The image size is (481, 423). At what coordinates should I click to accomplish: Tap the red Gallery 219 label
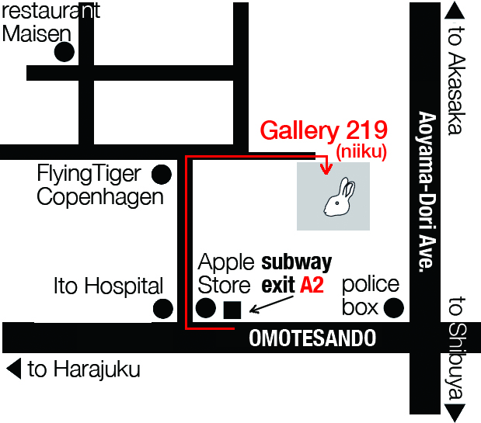tap(323, 130)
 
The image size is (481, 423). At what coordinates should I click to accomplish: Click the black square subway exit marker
tap(232, 310)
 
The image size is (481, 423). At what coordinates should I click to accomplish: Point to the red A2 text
tap(312, 285)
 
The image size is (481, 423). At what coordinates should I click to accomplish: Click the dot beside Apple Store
tap(206, 308)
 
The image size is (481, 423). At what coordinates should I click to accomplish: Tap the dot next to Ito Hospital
tap(162, 308)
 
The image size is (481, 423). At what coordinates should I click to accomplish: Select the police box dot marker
tap(394, 308)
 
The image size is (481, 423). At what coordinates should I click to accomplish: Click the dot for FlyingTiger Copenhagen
tap(162, 172)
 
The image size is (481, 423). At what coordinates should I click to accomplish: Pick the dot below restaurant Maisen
tap(64, 53)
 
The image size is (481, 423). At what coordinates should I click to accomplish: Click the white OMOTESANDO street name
tap(312, 338)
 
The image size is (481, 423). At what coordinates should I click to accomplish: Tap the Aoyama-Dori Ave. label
tap(425, 191)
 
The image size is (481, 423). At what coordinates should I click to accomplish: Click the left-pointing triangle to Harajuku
tap(13, 369)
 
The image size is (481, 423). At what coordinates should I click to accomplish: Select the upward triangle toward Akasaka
tap(455, 10)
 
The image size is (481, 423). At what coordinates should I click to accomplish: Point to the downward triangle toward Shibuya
tap(455, 413)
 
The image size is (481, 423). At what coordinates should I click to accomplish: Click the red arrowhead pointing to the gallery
tap(326, 167)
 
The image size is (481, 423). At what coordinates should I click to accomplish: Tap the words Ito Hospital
tap(108, 286)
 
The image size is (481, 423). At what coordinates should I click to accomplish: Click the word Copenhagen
tap(100, 196)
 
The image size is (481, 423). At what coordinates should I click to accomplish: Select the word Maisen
tap(37, 33)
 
